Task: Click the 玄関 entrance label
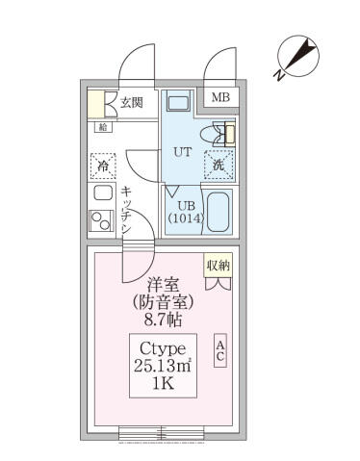click(x=131, y=102)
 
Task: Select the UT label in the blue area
click(x=182, y=151)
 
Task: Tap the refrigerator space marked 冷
click(x=102, y=166)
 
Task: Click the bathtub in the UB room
click(x=219, y=212)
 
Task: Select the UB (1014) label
click(x=185, y=211)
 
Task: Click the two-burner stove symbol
click(x=102, y=220)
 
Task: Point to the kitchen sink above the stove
click(x=102, y=192)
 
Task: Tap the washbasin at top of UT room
click(x=178, y=104)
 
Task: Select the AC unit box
click(x=220, y=349)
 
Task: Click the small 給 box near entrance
click(x=102, y=126)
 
